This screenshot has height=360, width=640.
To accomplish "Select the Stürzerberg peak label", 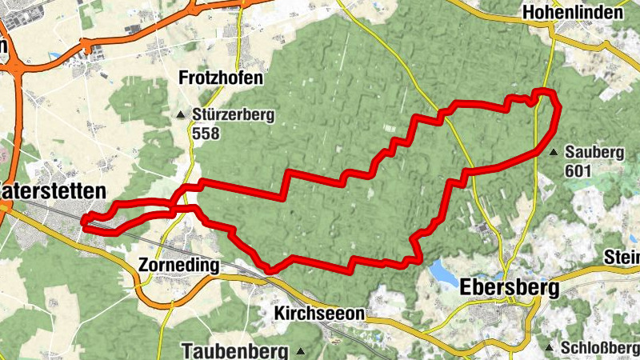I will (x=233, y=115).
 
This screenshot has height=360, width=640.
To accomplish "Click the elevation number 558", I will (x=206, y=134).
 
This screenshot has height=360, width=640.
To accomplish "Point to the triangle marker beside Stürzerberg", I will (x=181, y=115).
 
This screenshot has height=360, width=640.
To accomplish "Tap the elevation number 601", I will (x=578, y=170).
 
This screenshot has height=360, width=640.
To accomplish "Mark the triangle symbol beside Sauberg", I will (x=554, y=151).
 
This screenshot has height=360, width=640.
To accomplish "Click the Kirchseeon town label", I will (x=319, y=313).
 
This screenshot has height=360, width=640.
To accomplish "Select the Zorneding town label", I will (x=178, y=265).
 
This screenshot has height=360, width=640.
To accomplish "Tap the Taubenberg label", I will (x=234, y=350).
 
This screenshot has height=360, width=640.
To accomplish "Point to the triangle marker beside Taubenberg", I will (x=301, y=350).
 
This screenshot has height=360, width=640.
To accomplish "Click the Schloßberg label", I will (x=601, y=349).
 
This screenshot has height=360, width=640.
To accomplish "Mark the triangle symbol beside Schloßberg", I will (x=550, y=348).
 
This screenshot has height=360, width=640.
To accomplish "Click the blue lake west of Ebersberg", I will (x=442, y=271).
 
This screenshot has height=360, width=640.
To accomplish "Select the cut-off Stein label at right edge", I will (x=622, y=258).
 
